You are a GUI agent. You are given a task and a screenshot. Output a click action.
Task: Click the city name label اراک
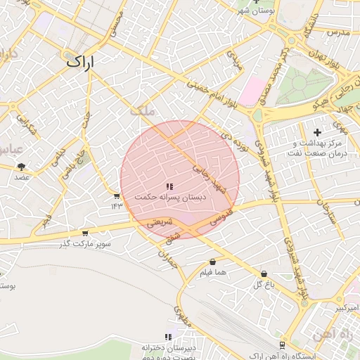[x=79, y=61]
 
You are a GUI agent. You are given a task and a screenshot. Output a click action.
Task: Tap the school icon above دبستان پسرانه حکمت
[x=169, y=186]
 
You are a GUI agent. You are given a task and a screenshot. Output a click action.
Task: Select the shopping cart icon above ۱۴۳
[x=116, y=196]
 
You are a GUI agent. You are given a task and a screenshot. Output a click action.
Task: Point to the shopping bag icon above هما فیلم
[x=212, y=262]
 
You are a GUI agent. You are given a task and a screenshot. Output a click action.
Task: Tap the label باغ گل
[x=263, y=285]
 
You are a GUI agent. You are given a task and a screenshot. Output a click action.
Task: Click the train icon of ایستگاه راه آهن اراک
[x=282, y=345]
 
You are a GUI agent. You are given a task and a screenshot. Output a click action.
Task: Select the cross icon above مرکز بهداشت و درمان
[x=317, y=132]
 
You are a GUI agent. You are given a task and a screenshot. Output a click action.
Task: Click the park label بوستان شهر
[x=254, y=11]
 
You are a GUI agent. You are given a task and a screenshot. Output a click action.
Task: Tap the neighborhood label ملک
[x=142, y=111]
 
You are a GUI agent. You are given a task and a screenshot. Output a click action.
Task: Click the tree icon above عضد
[x=22, y=167]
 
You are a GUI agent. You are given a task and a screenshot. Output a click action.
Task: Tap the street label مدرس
[x=337, y=32]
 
